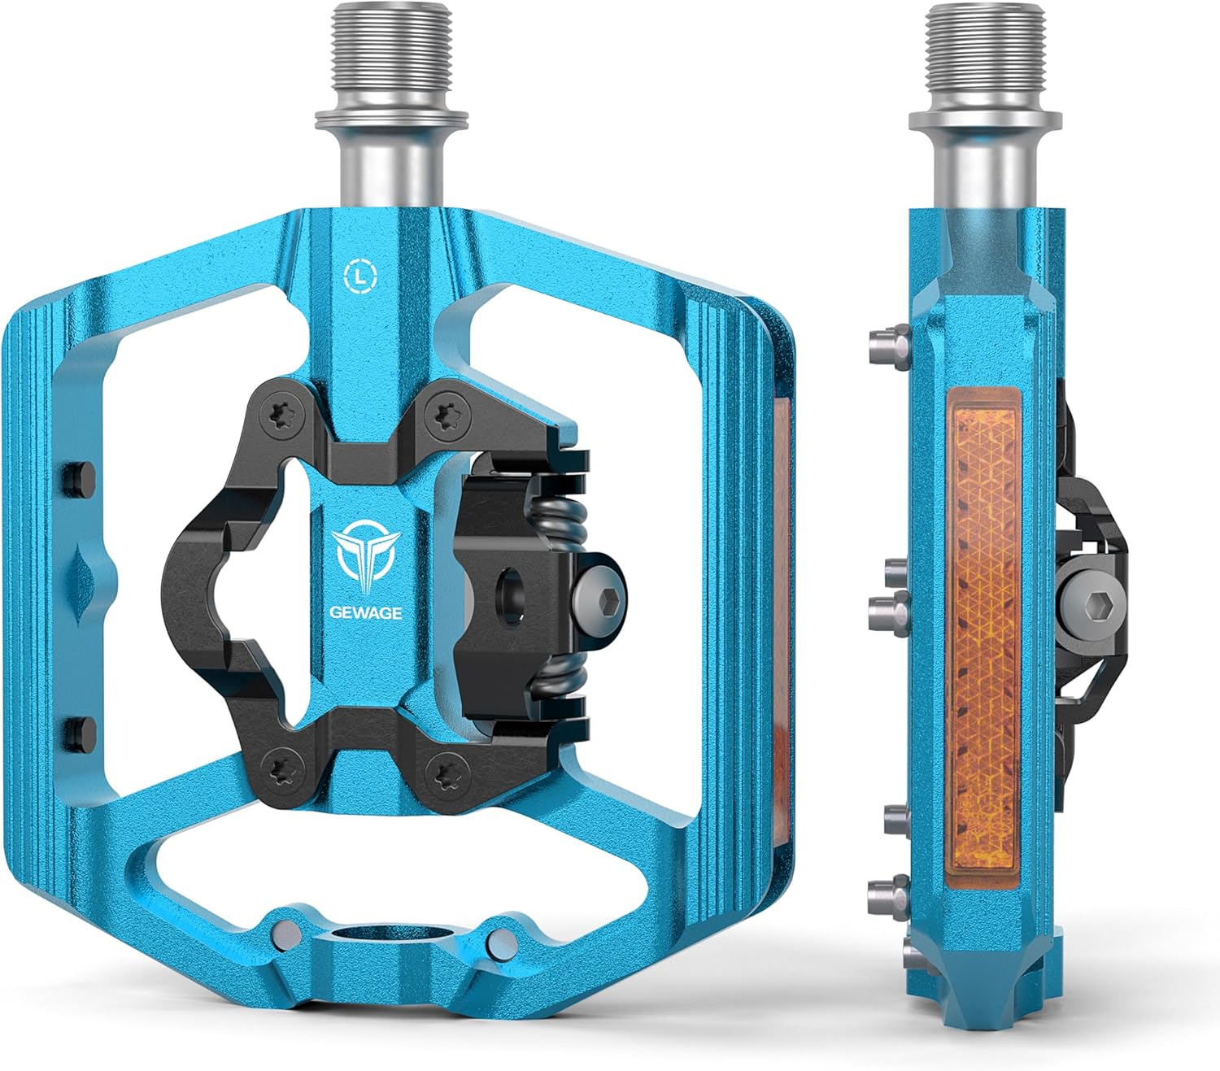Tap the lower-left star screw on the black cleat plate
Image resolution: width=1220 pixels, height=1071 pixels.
tap(277, 764)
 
